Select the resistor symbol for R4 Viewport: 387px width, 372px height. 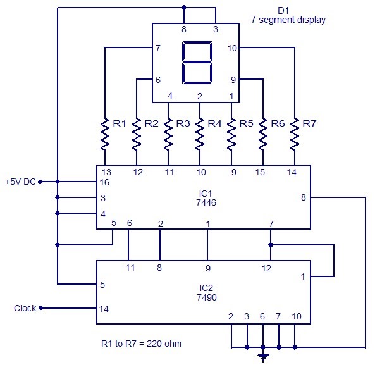(x=200, y=133)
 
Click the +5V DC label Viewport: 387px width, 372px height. (x=20, y=182)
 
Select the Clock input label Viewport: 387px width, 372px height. (x=26, y=308)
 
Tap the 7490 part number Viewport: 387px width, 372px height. (x=203, y=296)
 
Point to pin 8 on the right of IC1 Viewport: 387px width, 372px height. (x=303, y=198)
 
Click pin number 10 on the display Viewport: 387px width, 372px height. (x=231, y=47)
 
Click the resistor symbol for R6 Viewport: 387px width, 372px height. (x=263, y=133)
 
